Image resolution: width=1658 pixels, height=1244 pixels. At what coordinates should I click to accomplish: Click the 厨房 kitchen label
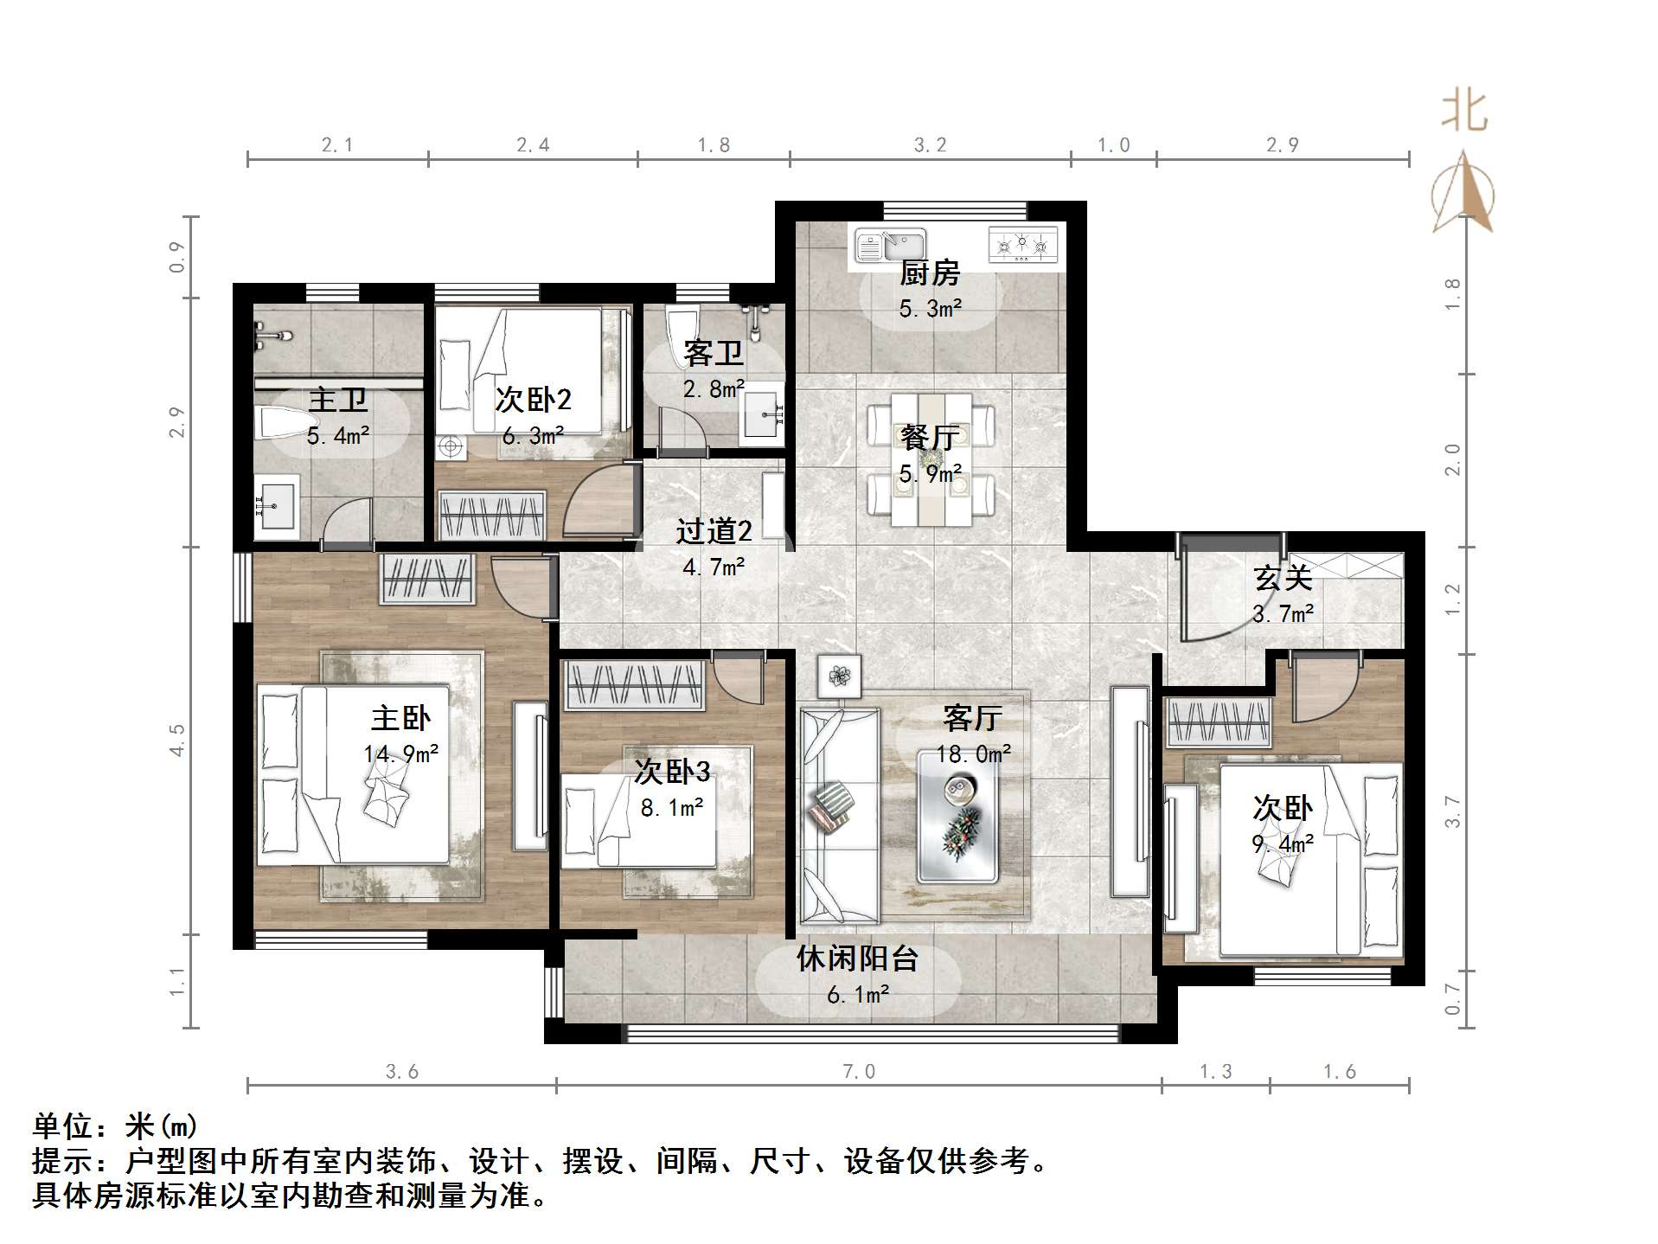pyautogui.click(x=930, y=273)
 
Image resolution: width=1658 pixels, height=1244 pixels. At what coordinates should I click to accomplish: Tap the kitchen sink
pyautogui.click(x=890, y=245)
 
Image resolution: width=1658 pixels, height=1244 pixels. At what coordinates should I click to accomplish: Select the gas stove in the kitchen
pyautogui.click(x=1022, y=244)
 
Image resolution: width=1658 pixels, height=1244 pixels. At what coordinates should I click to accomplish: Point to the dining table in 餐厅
pyautogui.click(x=931, y=458)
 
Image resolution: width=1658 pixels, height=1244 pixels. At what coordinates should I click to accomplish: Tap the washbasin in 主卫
pyautogui.click(x=276, y=502)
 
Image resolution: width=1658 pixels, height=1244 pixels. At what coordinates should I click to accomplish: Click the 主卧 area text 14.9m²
pyautogui.click(x=400, y=754)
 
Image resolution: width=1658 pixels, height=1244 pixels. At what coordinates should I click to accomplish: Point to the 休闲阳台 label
pyautogui.click(x=856, y=959)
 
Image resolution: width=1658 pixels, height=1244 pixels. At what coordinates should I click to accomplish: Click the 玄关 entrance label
pyautogui.click(x=1284, y=578)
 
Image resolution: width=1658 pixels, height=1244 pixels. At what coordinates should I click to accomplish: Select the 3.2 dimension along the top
pyautogui.click(x=931, y=145)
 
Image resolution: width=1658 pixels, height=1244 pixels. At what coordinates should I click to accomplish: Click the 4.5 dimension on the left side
pyautogui.click(x=177, y=741)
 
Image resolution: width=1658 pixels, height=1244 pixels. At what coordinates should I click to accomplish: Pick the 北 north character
pyautogui.click(x=1463, y=112)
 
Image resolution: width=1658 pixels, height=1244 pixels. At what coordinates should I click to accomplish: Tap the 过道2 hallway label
pyautogui.click(x=714, y=531)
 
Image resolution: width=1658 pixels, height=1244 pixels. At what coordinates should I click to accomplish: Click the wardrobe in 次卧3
pyautogui.click(x=634, y=686)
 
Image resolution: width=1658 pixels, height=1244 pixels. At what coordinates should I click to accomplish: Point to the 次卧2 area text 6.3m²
pyautogui.click(x=533, y=436)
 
